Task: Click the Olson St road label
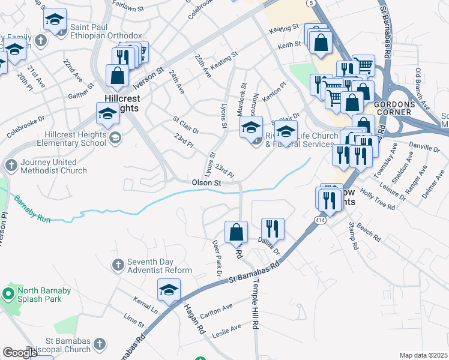click(x=207, y=182)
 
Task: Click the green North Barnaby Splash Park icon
click(x=8, y=294)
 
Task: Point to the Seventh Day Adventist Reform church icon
click(x=118, y=264)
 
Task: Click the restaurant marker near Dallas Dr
click(x=272, y=229)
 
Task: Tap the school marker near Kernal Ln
click(x=169, y=290)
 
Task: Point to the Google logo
click(x=20, y=353)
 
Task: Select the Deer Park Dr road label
click(x=217, y=257)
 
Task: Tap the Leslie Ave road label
click(x=228, y=328)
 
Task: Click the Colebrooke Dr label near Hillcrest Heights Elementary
click(x=25, y=128)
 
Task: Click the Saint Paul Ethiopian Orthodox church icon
click(x=40, y=40)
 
